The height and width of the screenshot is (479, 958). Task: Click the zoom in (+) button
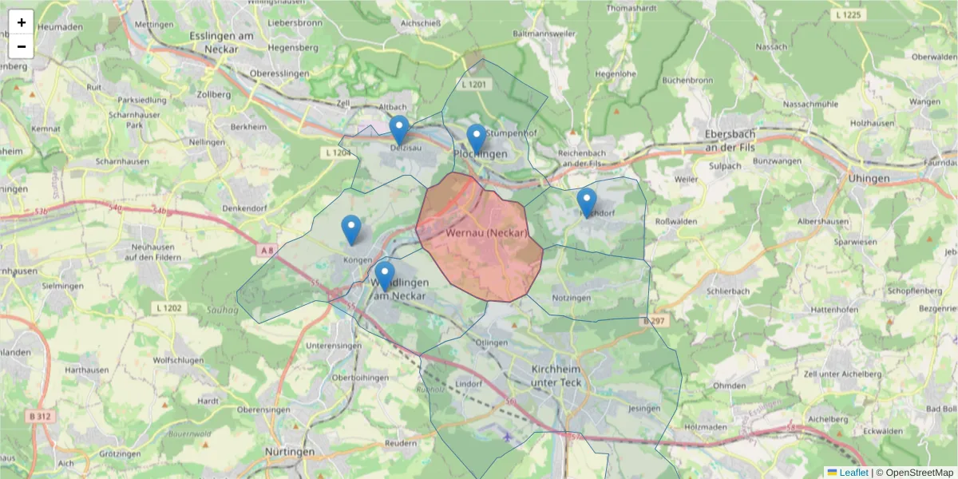click(22, 22)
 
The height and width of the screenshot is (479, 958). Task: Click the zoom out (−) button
click(22, 46)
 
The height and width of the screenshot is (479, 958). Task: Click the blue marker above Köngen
click(351, 230)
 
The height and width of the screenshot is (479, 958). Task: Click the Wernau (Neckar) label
click(488, 233)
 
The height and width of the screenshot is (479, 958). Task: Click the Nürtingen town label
click(289, 452)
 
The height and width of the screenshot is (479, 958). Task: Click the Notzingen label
click(571, 298)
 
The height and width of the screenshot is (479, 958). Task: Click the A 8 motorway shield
click(267, 251)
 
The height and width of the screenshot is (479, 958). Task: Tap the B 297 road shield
click(653, 321)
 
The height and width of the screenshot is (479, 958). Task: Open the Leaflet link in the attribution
click(853, 473)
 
